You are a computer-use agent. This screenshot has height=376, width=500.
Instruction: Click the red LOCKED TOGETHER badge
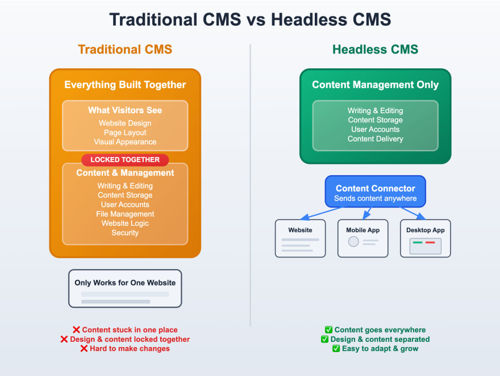click(125, 160)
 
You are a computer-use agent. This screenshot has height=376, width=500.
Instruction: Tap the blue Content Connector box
click(375, 191)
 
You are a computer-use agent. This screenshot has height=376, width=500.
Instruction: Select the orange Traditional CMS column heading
click(125, 49)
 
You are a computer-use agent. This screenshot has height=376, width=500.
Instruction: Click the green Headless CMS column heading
click(375, 49)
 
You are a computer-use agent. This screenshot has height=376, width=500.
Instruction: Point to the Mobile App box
click(363, 238)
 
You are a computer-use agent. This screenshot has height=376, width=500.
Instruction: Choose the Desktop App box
click(426, 238)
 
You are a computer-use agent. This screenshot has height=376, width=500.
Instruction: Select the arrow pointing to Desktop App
click(414, 213)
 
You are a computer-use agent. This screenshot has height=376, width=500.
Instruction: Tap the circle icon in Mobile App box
click(353, 242)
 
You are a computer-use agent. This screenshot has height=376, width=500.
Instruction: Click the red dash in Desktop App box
click(430, 242)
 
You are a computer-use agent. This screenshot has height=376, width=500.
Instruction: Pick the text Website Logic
click(125, 223)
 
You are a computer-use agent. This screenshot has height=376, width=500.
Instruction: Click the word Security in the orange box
click(125, 233)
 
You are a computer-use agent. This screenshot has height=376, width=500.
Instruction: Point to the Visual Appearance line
click(125, 142)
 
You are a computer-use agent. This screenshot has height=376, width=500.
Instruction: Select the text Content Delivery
click(375, 139)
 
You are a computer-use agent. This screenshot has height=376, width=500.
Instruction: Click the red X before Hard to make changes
click(84, 349)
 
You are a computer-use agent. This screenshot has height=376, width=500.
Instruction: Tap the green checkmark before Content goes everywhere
click(328, 330)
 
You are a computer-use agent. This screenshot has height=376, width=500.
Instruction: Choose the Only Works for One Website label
click(125, 283)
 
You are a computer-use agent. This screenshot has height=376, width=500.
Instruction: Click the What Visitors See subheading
click(125, 110)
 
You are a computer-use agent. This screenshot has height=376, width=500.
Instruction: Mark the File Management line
click(125, 214)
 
